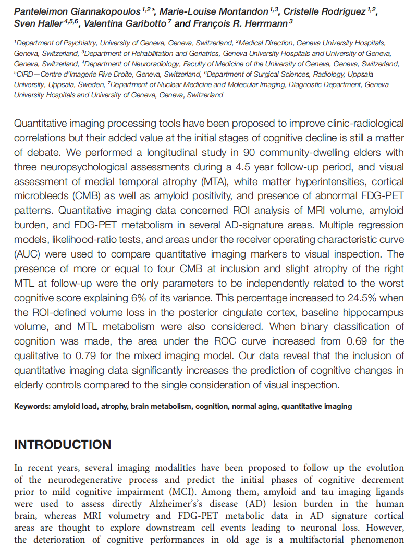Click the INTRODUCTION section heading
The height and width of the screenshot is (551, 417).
pyautogui.click(x=63, y=445)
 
